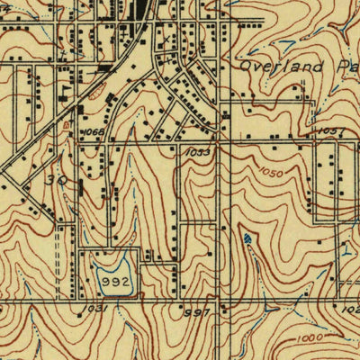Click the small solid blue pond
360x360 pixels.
pos(247,238)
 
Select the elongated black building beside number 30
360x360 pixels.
pos(81,187)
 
